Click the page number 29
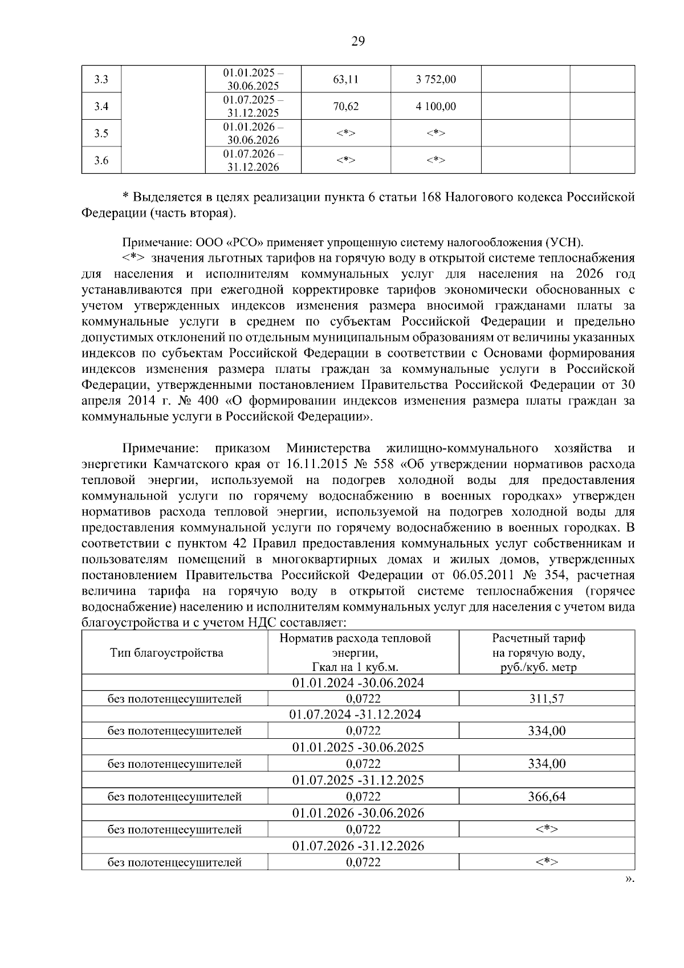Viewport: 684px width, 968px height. (358, 41)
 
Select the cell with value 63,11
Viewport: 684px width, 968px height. (345, 80)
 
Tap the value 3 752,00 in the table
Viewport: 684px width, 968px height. (436, 80)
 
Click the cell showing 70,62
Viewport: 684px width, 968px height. (345, 107)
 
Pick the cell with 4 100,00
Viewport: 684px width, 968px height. (436, 107)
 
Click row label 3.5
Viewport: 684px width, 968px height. (101, 134)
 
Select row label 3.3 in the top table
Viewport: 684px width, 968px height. (101, 80)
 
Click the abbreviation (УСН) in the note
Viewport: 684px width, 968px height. (564, 242)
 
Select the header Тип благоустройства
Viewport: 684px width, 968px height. (166, 653)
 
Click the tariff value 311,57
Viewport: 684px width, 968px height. (547, 698)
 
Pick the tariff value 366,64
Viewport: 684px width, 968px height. (547, 797)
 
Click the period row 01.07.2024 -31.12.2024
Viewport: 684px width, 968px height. (358, 715)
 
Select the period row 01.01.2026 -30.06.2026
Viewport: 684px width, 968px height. (358, 814)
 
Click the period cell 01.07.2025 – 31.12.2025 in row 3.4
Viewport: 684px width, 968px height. (253, 107)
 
